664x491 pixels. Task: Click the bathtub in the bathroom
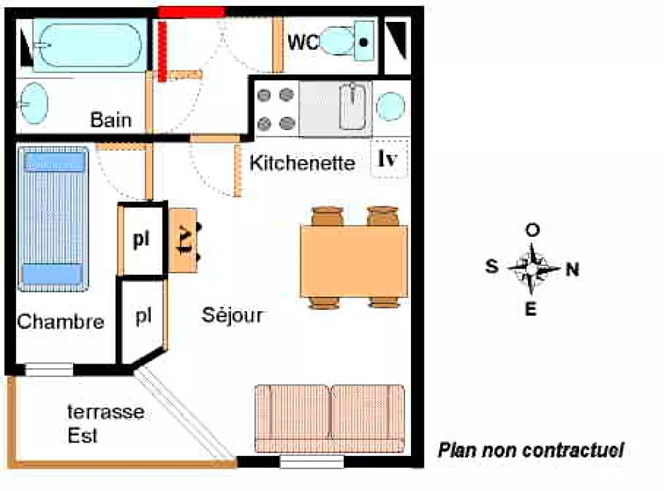87,44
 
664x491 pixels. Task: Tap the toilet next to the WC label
340,42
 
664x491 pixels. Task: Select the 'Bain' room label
111,120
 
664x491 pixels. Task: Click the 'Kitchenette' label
302,163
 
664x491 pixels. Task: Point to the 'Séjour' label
232,315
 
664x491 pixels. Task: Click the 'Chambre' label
60,322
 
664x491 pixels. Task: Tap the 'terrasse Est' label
105,423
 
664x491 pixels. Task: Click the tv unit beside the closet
183,240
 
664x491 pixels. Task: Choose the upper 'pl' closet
141,240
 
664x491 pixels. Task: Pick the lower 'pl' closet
142,316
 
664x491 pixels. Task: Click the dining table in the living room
353,261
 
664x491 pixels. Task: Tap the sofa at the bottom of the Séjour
329,418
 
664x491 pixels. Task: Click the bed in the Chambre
53,219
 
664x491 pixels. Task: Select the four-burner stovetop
276,108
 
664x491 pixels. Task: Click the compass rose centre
533,269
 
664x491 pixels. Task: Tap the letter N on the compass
572,269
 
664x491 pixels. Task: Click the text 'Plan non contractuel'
530,451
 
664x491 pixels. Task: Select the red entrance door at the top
191,12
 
